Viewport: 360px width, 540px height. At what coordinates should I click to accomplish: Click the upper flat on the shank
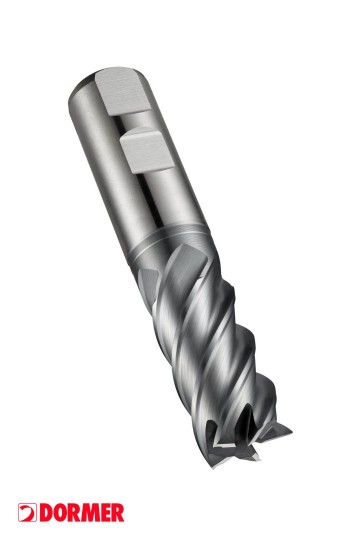coord(122,92)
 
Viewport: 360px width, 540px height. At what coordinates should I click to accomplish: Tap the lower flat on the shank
coord(147,150)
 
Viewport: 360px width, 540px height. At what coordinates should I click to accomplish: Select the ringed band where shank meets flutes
coord(168,241)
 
